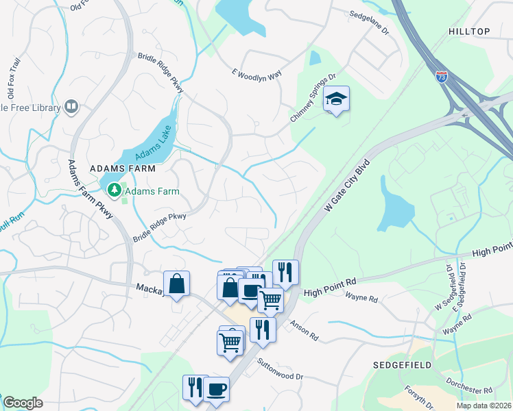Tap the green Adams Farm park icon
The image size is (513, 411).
[113, 189]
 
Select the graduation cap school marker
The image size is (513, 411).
[336, 99]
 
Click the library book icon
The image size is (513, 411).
[71, 106]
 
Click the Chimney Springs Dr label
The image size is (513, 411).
[313, 99]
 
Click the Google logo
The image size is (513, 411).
[23, 403]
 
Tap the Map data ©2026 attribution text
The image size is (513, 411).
[484, 406]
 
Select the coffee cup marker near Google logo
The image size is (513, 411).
[217, 389]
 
